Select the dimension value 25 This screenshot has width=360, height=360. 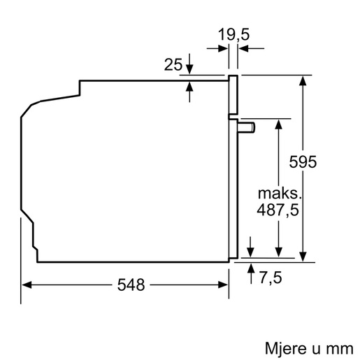tap(173, 66)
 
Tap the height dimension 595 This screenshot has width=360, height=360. tap(303, 161)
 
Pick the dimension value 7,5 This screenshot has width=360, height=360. tap(270, 278)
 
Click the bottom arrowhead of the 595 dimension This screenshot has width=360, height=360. tap(303, 257)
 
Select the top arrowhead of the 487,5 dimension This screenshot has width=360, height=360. tap(278, 123)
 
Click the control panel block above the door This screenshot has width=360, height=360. tap(233, 96)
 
